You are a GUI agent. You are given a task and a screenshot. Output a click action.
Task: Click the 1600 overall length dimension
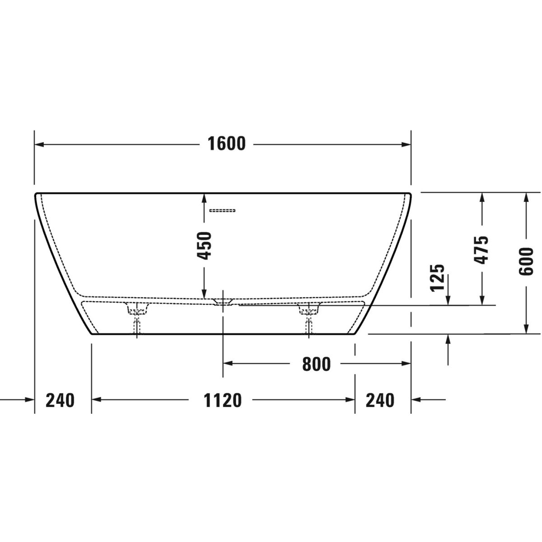click(226, 144)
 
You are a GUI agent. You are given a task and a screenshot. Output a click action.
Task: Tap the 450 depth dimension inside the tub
click(204, 246)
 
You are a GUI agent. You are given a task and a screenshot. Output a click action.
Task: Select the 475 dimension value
click(481, 250)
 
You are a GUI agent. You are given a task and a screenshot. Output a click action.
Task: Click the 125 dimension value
click(437, 277)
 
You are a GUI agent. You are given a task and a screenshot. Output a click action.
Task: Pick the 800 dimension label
click(317, 364)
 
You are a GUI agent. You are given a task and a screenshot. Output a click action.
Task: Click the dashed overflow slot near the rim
click(222, 210)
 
